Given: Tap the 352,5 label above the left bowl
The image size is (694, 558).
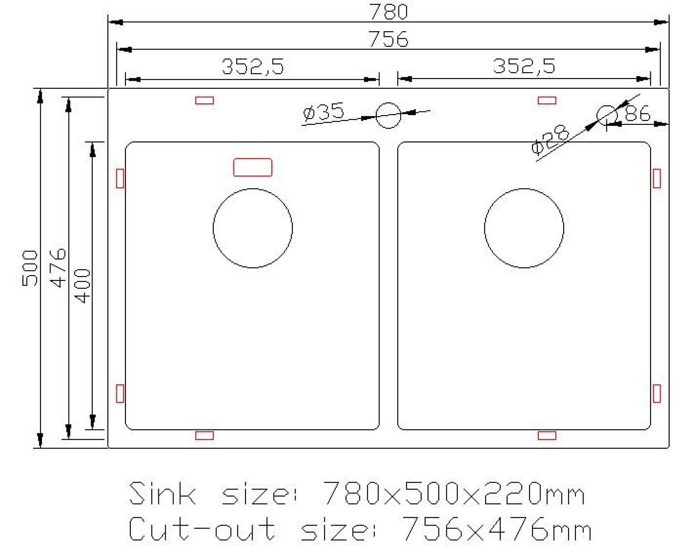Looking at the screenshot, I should tap(253, 67).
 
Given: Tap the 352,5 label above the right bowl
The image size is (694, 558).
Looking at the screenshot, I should tap(524, 66).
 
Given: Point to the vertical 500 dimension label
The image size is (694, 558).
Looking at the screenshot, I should tap(29, 268).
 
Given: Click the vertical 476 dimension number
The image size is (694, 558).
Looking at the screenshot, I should tap(58, 268).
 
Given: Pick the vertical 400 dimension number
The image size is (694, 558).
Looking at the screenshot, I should tap(83, 286).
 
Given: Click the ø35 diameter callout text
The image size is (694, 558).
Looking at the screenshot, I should tap(323, 112).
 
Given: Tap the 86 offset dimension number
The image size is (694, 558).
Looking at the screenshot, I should tap(637, 113).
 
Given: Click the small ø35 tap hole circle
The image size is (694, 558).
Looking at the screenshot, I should tap(388, 115).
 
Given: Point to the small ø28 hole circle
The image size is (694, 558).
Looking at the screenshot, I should tap(607, 115).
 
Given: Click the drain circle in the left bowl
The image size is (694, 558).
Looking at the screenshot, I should tap(253, 228).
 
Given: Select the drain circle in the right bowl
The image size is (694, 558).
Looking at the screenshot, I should tap(524, 228).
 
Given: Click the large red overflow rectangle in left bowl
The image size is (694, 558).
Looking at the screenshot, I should tap(253, 167).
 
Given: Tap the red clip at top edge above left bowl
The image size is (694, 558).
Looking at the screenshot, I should tap(204, 101).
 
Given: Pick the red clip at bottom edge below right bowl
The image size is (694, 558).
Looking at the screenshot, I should tap(547, 436).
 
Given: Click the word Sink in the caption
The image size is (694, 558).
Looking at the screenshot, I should tap(162, 493).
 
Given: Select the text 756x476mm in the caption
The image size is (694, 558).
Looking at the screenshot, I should tap(497, 529).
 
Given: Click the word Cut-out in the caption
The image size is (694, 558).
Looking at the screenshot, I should tap(202, 529).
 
